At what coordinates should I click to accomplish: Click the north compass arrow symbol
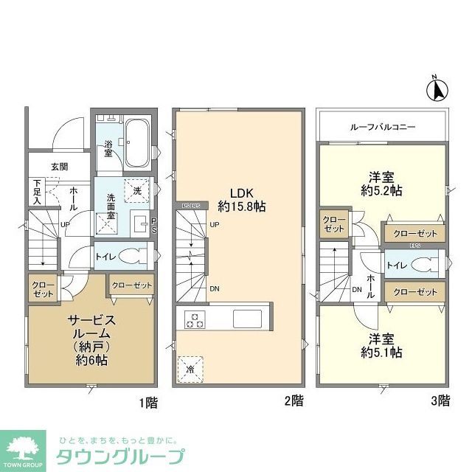(x=436, y=89)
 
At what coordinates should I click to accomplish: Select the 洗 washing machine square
(x=135, y=190)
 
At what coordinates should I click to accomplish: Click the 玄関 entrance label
(x=60, y=167)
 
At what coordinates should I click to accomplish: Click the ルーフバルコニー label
(x=382, y=128)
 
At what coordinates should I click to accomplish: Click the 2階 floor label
(x=292, y=401)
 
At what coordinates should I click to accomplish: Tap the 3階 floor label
(x=440, y=401)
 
